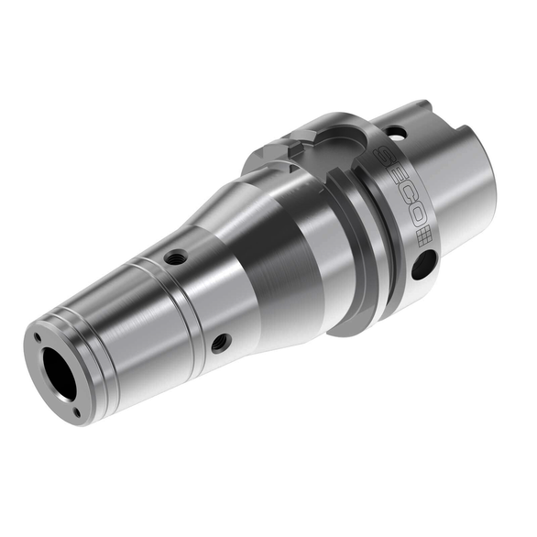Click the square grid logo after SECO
pos(424,236)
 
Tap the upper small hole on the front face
pos(38,338)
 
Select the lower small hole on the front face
pos(77,413)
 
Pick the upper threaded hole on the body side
pos(175,257)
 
